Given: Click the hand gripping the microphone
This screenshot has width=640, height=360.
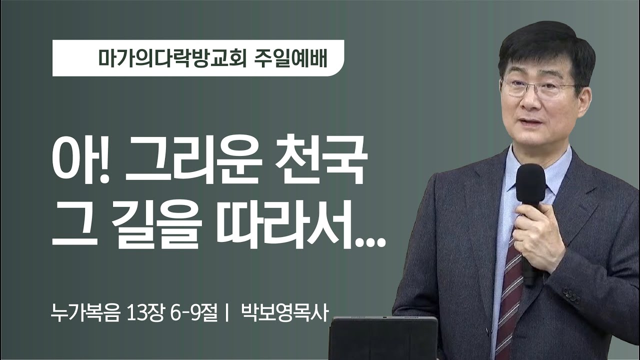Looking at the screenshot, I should coord(537,235).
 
